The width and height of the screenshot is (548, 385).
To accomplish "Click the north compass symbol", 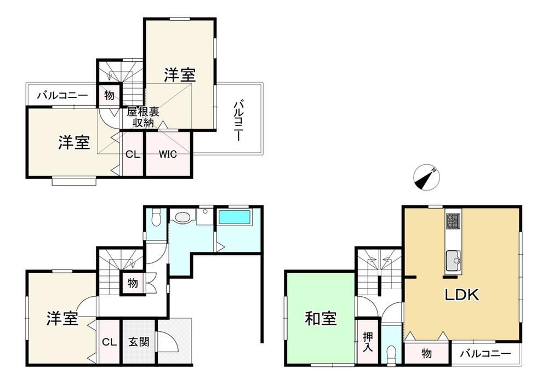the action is coord(426,177).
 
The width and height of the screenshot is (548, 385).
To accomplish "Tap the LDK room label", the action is coord(461,295).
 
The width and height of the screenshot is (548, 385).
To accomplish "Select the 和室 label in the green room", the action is coord(321,319).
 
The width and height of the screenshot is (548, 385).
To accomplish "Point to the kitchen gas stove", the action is coord(453,221).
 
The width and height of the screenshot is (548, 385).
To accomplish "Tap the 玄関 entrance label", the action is coord(139,341).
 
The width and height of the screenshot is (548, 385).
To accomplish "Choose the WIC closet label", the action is coord(168,154).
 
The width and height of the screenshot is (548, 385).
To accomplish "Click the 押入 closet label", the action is coord(368,342).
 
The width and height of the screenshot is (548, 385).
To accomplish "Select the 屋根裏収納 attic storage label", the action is coord(143,117).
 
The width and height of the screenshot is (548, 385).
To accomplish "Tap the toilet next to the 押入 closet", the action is coord(391,355).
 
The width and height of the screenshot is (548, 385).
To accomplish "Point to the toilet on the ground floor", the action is coord(156,217).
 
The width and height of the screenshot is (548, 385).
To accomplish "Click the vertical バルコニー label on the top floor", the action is coord(238,120).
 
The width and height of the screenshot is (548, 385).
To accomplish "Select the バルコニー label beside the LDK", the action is coord(485,354).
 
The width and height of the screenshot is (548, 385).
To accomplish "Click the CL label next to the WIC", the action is coord(133,154).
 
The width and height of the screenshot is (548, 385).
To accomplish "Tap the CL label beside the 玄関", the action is coord(110,342).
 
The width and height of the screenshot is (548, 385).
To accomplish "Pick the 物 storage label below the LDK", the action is coord(426,354).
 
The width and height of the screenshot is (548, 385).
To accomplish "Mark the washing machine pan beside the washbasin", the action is coord(205,217).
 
